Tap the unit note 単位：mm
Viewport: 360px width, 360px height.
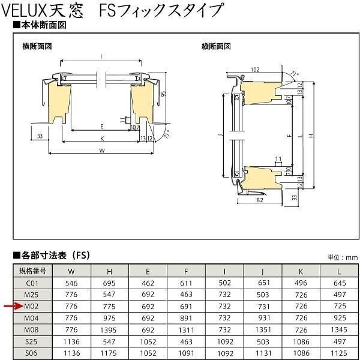tap(341, 257)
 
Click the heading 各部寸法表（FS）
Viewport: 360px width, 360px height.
tap(54, 254)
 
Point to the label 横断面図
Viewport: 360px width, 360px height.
tap(38, 46)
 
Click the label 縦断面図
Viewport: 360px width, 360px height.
tap(215, 46)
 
